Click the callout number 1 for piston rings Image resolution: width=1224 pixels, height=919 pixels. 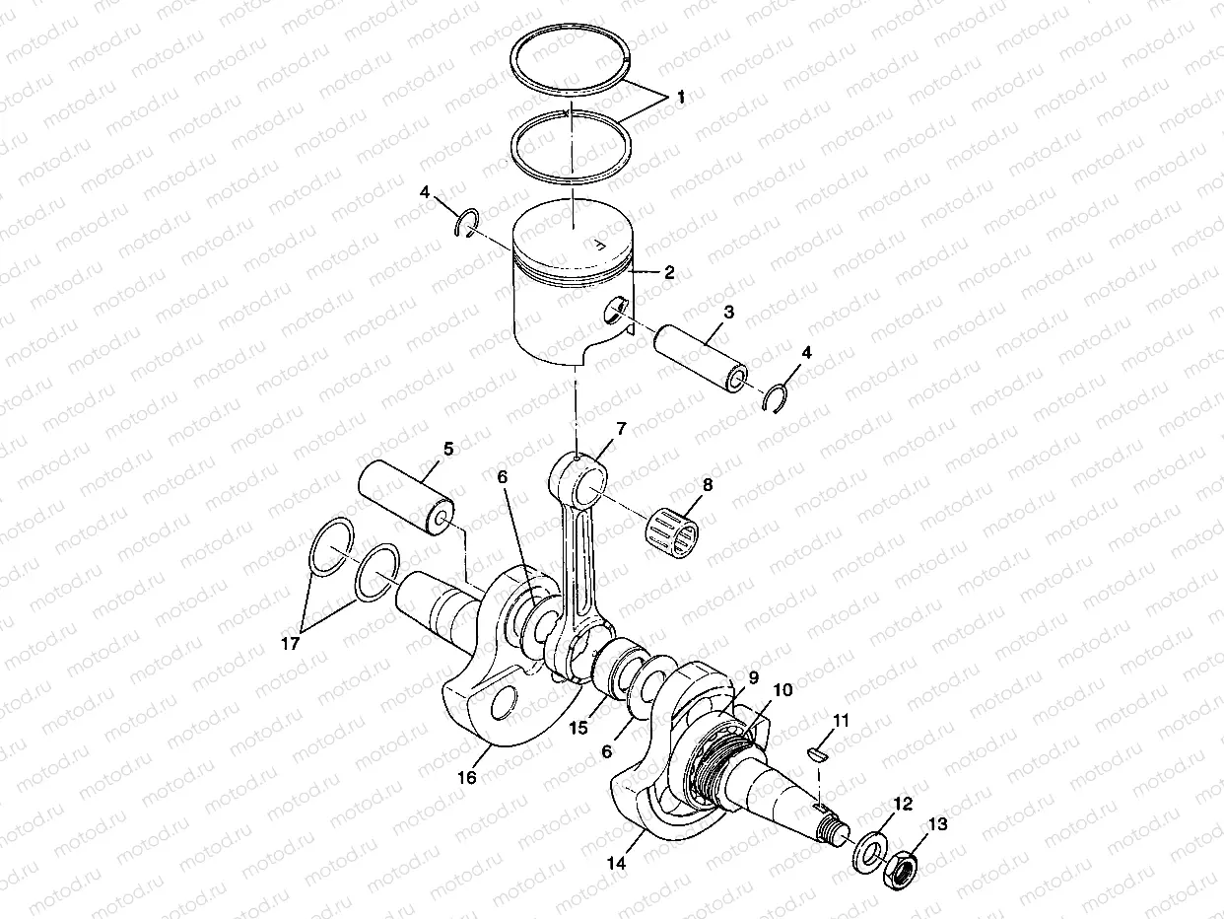point(680,97)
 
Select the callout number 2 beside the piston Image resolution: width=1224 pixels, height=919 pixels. point(669,273)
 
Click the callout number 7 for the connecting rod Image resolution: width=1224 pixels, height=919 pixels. point(620,429)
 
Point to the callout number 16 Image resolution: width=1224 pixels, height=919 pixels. point(466,778)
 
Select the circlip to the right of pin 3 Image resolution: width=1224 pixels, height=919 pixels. point(779,397)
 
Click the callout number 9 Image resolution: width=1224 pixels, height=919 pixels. point(753,677)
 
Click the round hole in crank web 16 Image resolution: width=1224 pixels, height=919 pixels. point(501,704)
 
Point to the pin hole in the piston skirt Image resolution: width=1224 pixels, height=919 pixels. point(616,311)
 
